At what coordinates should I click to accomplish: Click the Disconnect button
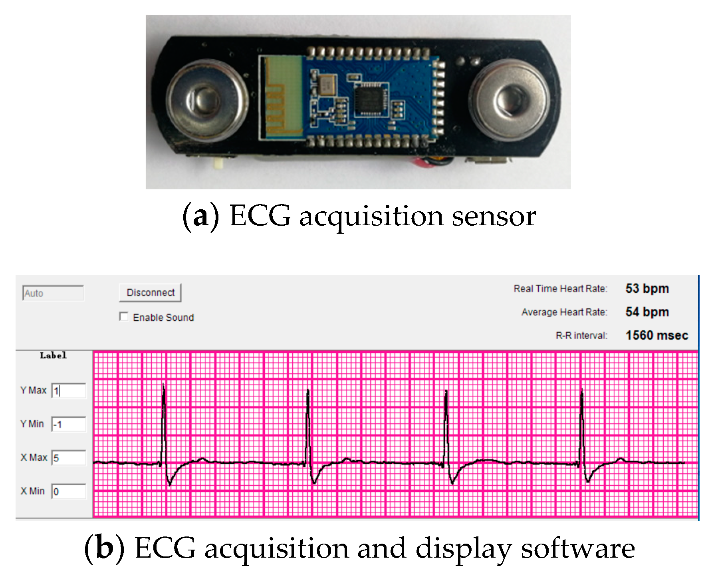tap(150, 293)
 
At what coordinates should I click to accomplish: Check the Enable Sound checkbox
tap(124, 317)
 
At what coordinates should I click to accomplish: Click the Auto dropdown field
tap(53, 293)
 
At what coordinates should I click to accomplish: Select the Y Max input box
tap(69, 391)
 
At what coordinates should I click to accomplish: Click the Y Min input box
tap(69, 424)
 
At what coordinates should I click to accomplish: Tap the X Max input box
tap(69, 458)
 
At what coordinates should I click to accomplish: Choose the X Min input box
tap(69, 491)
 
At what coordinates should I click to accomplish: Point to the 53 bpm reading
tap(647, 288)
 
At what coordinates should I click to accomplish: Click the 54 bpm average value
tap(647, 312)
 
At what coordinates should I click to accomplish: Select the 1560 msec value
tap(656, 335)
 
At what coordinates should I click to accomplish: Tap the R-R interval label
tap(581, 336)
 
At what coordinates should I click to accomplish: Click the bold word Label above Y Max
tap(53, 356)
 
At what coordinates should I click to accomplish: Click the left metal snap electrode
tap(203, 100)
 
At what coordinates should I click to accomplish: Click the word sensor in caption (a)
tap(494, 217)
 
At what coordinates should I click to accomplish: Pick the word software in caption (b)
tap(578, 548)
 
